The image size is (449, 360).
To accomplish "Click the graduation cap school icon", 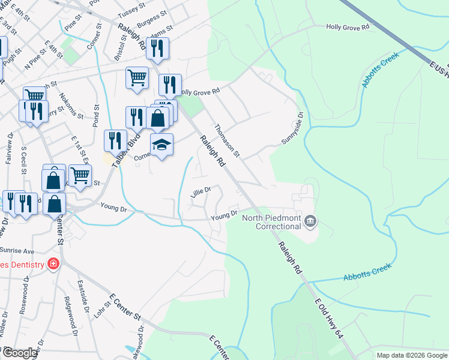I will click(161, 145).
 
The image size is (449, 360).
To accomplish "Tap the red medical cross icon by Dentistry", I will click(53, 264).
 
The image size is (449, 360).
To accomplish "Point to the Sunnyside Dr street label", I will click(294, 127).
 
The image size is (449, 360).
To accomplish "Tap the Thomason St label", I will click(227, 140).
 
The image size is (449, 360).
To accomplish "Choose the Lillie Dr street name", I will click(200, 192).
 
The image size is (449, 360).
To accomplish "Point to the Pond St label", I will click(95, 115).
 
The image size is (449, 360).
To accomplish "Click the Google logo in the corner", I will click(19, 353).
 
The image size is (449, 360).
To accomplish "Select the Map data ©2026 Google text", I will click(412, 355).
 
